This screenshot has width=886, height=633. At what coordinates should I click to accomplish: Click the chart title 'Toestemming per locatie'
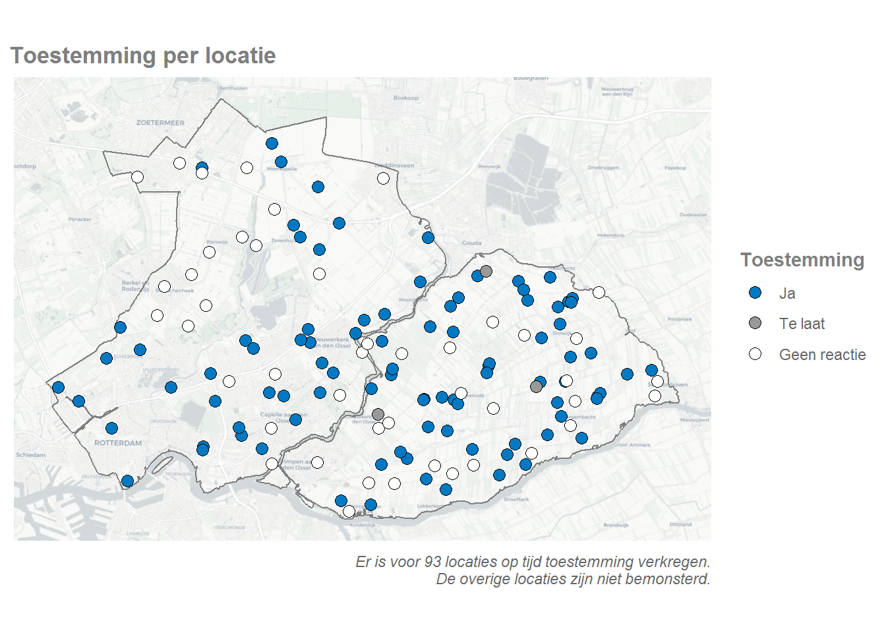[x=143, y=56]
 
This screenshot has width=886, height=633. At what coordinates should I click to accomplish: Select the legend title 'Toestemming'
[x=802, y=260]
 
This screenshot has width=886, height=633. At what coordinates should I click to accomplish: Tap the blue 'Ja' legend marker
[x=755, y=293]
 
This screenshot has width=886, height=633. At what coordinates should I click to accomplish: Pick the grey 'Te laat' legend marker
[x=755, y=323]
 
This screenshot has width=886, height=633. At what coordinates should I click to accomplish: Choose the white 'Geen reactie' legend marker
[x=755, y=354]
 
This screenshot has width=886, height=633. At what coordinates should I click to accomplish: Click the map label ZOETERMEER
[x=160, y=123]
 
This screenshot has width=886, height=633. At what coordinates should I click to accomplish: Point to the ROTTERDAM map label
[x=118, y=443]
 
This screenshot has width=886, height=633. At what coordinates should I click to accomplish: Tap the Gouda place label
[x=471, y=243]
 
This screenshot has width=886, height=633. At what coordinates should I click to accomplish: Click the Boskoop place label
[x=405, y=98]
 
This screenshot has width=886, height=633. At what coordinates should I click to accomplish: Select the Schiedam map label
[x=31, y=455]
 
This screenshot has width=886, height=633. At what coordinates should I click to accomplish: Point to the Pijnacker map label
[x=80, y=219]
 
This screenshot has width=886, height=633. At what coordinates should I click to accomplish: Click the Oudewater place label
[x=693, y=214]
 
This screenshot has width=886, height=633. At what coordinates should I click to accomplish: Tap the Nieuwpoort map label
[x=695, y=419]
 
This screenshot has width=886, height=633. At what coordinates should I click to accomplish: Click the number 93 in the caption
[x=432, y=562]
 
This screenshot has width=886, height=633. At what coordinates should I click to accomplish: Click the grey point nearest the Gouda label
[x=486, y=271]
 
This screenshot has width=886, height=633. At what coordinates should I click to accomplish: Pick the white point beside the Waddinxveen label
[x=383, y=178]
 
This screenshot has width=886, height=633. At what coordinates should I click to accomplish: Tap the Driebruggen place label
[x=603, y=167]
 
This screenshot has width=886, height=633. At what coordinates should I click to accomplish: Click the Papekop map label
[x=675, y=167]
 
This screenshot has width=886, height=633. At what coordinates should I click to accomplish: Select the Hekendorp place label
[x=610, y=235]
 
